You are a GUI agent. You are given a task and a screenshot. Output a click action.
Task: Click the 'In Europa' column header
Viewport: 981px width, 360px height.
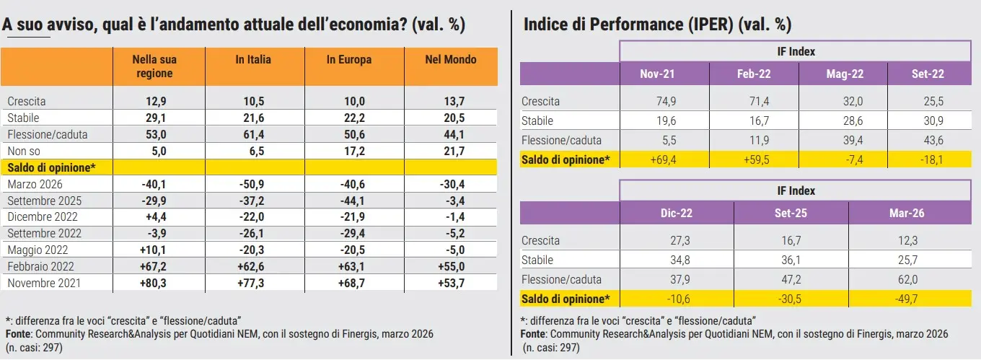click(x=349, y=60)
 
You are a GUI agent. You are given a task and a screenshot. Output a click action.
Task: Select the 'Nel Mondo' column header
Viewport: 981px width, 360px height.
click(x=451, y=60)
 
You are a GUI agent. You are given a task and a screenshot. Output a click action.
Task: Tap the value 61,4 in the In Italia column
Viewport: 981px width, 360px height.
click(x=253, y=134)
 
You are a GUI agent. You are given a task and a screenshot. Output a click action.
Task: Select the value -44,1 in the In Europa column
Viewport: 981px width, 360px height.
click(x=351, y=201)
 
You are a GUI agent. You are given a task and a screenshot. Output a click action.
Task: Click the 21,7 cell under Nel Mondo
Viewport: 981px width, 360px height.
click(x=451, y=151)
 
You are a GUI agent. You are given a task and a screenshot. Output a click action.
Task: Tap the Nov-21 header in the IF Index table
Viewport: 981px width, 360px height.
click(x=657, y=74)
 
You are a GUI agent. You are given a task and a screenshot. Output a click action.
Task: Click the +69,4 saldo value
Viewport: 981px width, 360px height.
click(x=657, y=159)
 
